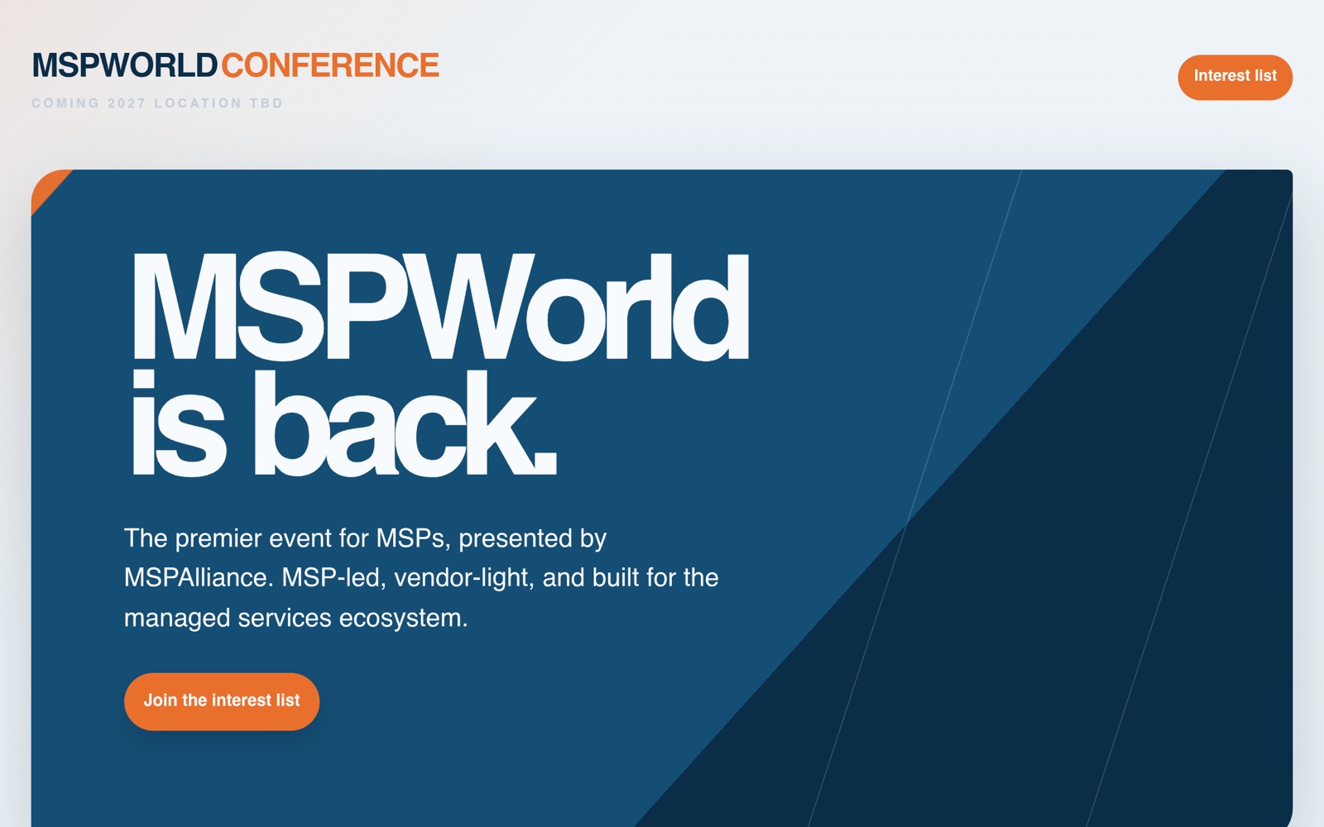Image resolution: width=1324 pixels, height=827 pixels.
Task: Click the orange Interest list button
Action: [x=1235, y=78]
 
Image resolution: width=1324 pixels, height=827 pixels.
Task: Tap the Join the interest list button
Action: [x=222, y=701]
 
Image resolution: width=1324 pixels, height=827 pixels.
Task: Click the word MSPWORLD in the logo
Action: [x=125, y=65]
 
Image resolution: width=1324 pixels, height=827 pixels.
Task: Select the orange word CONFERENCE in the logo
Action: [x=330, y=65]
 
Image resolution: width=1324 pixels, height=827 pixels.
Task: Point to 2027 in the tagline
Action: [x=127, y=103]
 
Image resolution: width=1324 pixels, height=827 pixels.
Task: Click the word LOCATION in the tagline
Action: [x=198, y=103]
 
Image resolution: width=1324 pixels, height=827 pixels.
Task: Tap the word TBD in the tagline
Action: [x=266, y=103]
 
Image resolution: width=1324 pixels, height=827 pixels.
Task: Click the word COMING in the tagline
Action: [x=65, y=103]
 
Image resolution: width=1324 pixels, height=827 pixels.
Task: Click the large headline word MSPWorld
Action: [x=439, y=306]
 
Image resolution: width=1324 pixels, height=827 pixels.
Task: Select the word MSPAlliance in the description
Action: [x=199, y=578]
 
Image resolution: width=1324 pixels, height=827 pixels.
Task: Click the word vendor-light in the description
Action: [x=464, y=578]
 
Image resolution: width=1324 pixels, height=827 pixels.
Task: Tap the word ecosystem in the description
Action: [x=403, y=619]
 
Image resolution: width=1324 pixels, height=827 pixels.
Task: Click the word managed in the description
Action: [x=177, y=619]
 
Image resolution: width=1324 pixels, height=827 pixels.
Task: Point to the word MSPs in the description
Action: [x=413, y=538]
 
